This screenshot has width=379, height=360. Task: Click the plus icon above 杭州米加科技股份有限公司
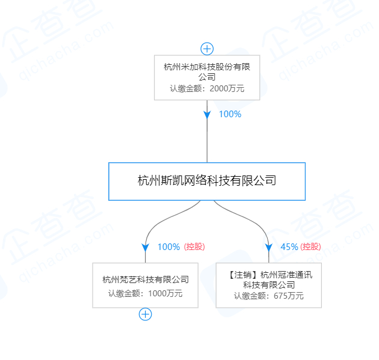click(207, 49)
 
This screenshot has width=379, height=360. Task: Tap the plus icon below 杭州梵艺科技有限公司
click(146, 313)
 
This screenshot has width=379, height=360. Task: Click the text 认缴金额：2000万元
click(207, 88)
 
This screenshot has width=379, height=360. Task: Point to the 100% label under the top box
click(230, 114)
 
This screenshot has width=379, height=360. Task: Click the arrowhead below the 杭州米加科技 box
click(207, 114)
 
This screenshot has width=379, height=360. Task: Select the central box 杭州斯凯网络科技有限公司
click(207, 181)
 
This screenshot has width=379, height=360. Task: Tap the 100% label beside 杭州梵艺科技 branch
click(168, 246)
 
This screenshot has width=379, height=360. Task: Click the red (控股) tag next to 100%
click(194, 246)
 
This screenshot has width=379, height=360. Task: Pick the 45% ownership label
click(289, 246)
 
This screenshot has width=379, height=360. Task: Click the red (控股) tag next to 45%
click(311, 246)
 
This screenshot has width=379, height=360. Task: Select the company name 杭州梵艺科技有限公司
click(146, 279)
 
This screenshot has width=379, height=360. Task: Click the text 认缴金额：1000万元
click(146, 293)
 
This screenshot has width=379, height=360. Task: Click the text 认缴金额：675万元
click(269, 296)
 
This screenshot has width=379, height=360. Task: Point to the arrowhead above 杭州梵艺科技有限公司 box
click(146, 246)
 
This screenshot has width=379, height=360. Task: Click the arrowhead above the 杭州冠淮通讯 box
click(269, 246)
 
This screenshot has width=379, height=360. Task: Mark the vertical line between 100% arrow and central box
click(207, 141)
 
